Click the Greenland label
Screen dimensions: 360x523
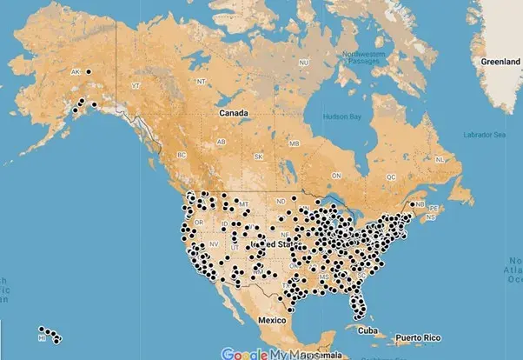(500, 63)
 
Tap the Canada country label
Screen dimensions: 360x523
(234, 113)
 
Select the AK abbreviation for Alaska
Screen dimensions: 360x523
(75, 71)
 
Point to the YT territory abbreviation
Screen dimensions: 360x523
(135, 86)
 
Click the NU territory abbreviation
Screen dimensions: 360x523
(303, 63)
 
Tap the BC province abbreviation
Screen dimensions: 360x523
(182, 155)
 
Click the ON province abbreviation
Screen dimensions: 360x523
(337, 176)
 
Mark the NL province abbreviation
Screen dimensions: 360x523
(440, 160)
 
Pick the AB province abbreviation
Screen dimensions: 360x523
(222, 142)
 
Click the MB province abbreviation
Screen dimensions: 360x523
(294, 143)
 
